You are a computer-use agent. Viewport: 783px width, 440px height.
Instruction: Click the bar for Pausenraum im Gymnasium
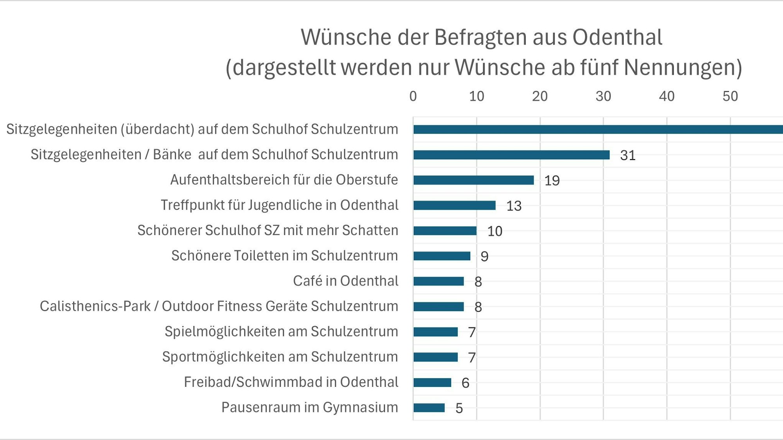pos(429,408)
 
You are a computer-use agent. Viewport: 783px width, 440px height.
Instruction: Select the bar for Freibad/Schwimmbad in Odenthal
pos(432,382)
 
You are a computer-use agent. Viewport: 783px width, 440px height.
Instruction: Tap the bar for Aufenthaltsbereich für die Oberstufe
pos(473,180)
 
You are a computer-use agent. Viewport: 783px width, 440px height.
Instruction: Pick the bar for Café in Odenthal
pos(438,281)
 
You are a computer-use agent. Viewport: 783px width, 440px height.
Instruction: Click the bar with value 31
pos(511,155)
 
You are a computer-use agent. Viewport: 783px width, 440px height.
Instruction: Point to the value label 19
pos(552,181)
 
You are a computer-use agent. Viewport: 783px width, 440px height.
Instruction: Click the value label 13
pos(514,206)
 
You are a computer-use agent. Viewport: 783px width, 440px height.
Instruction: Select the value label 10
pos(494,231)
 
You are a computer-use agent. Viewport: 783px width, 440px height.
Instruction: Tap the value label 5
pos(459,408)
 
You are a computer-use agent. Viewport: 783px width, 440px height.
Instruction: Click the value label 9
pos(484,257)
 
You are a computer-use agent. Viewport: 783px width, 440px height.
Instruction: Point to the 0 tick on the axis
pos(413,96)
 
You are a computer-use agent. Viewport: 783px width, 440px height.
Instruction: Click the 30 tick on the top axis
pos(603,96)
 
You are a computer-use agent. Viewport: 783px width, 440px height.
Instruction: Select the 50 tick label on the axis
pos(730,96)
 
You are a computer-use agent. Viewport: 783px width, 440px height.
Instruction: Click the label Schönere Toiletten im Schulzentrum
pos(285,255)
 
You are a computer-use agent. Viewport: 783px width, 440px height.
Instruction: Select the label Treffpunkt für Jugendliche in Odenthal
pos(280,205)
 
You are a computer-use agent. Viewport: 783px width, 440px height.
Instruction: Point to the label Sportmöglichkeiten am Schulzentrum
pos(280,357)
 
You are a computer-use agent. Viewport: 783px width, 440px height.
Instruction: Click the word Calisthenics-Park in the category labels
pos(95,306)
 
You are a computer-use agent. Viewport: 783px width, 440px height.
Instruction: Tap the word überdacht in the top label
pos(157,129)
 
